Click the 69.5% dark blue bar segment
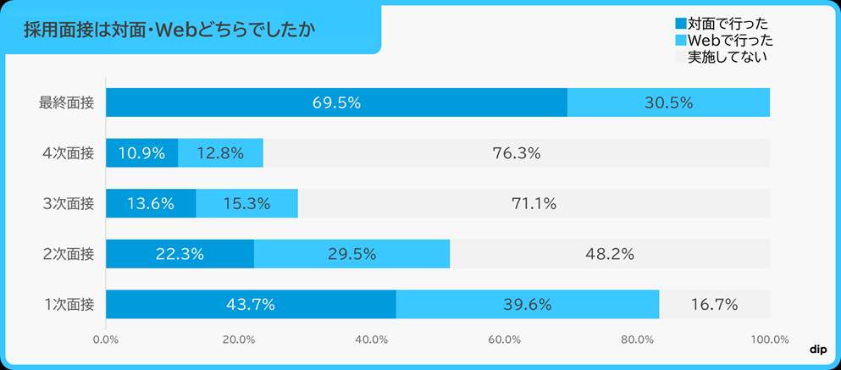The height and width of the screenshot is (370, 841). (x=336, y=102)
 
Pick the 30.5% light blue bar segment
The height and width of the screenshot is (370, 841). (x=668, y=102)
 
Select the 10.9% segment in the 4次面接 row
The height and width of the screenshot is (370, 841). (x=141, y=153)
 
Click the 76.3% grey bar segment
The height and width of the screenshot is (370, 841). (x=516, y=153)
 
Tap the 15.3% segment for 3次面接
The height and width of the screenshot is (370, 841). (x=246, y=203)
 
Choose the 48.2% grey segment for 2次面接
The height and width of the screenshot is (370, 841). (x=610, y=254)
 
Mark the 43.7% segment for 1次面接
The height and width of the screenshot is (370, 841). (x=251, y=305)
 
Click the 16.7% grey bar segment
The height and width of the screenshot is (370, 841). (x=714, y=305)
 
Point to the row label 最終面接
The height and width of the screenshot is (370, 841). (x=67, y=102)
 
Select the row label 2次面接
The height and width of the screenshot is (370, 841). (x=68, y=254)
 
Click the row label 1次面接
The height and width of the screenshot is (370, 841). (x=68, y=305)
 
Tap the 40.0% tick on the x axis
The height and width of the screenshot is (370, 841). (x=372, y=340)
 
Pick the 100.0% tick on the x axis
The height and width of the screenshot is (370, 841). (x=770, y=340)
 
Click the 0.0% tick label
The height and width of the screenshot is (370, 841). (x=105, y=340)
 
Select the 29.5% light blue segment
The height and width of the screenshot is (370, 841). (x=351, y=254)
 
